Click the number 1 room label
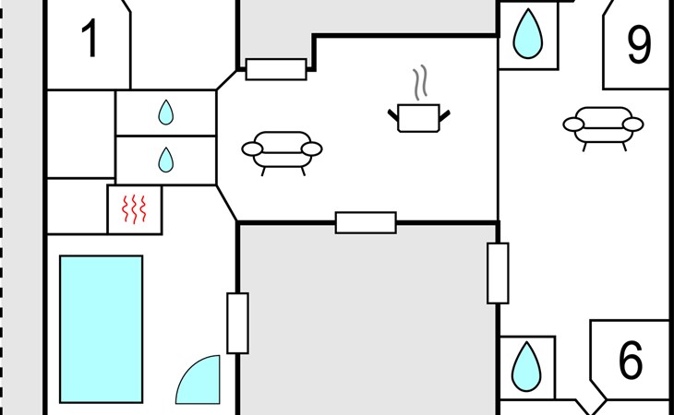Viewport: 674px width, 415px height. point(90,39)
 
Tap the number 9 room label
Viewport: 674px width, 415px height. point(639,44)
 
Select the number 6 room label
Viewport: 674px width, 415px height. point(631,360)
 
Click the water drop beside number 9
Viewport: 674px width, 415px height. point(528,33)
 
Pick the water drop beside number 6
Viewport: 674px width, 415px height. point(526,366)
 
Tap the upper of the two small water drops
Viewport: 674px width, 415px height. point(166,113)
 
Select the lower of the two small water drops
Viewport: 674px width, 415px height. point(166,160)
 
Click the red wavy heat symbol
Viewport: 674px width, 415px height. point(134,209)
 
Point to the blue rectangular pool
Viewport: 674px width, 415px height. point(102,329)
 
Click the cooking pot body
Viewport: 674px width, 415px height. point(418,118)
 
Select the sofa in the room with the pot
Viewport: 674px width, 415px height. point(282,152)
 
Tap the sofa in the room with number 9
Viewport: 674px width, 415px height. point(603,127)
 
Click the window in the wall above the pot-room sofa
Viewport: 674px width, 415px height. point(276,69)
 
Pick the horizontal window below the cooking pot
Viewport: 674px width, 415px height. point(366,223)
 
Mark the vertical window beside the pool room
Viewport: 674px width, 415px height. point(237,323)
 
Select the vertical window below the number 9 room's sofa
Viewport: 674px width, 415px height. point(498,273)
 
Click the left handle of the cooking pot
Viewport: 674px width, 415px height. point(393,114)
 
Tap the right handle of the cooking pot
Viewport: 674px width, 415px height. point(444,115)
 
